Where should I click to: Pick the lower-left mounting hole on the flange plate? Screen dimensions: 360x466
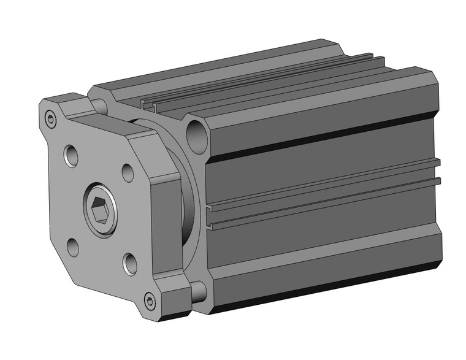(73, 248)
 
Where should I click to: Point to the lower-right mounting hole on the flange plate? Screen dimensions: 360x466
(130, 264)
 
